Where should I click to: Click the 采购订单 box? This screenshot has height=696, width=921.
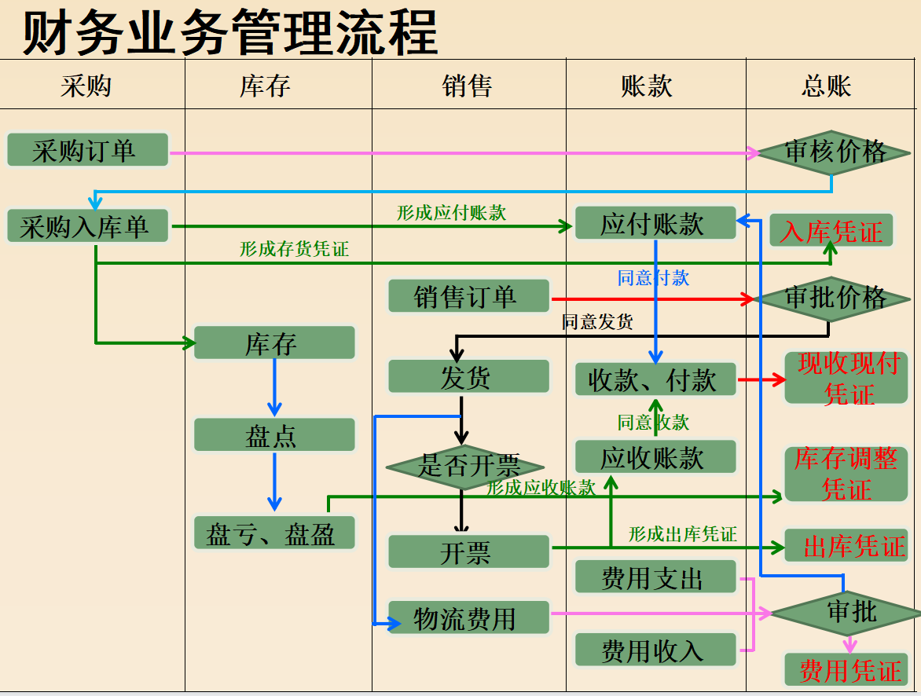pos(87,150)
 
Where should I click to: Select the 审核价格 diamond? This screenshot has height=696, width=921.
pos(834,152)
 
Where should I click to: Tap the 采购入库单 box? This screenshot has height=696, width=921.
pos(87,226)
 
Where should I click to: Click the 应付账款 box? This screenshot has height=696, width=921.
pos(655,222)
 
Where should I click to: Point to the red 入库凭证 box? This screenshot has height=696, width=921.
pos(831,230)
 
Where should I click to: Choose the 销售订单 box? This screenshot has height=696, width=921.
pos(468,296)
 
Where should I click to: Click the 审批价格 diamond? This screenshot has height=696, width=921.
pos(832,299)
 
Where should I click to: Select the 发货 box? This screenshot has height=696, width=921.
pos(468,376)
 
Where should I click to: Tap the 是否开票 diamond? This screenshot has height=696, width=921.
pos(464,467)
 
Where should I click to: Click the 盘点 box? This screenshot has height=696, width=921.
pos(274,434)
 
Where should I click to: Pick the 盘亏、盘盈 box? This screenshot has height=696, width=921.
pos(274,533)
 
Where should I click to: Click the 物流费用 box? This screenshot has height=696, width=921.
pos(468,617)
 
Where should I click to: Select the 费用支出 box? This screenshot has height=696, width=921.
pos(655,577)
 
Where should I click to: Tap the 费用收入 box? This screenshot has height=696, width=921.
pos(655,650)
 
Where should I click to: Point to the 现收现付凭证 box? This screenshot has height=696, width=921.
pos(846,379)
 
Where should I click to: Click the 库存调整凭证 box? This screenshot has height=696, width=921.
pos(846,474)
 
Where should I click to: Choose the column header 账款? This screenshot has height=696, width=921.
pos(646,86)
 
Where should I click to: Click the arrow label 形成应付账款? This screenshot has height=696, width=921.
pos(451,213)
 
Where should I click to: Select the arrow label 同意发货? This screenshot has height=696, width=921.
pos(596,321)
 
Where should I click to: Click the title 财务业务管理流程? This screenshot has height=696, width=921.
pos(229,32)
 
